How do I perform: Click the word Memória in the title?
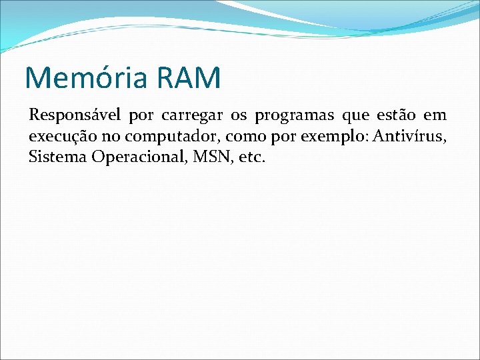pos(87,77)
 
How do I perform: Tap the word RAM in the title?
pos(189,77)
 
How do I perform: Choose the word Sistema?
pos(53,158)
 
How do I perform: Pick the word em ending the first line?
pos(435,116)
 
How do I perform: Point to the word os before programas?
pos(239,116)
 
